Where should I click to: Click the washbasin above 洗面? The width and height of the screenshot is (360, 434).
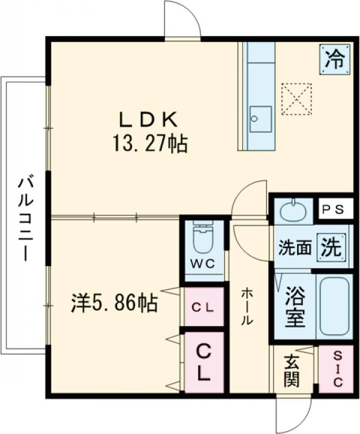[292, 211]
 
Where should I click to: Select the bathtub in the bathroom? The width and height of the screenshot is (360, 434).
[334, 307]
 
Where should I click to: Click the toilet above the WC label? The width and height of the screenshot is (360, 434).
[203, 238]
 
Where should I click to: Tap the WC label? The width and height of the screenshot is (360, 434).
[203, 264]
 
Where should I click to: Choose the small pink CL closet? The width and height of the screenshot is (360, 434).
[203, 307]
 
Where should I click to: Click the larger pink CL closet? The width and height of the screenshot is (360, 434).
[203, 361]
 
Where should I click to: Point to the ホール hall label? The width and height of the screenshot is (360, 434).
[247, 307]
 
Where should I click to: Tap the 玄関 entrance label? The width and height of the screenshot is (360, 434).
[292, 370]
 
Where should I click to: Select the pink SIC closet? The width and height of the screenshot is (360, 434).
[335, 370]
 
